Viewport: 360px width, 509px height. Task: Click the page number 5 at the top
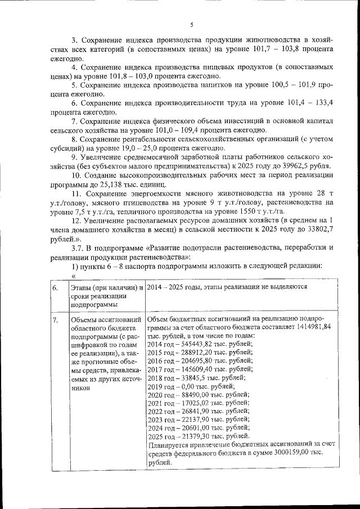coord(191,25)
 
